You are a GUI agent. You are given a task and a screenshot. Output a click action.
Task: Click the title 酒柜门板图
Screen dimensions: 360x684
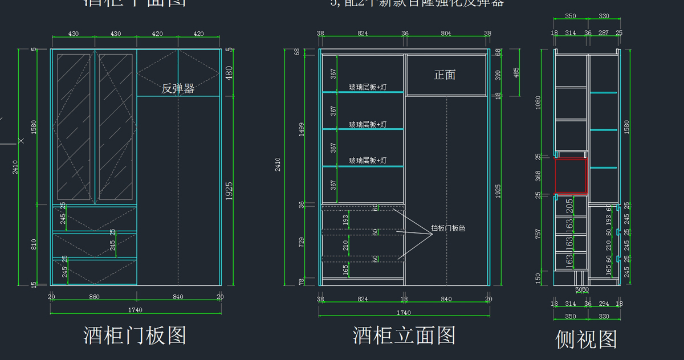point(135,336)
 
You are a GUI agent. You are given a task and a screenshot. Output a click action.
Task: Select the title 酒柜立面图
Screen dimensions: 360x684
point(404,336)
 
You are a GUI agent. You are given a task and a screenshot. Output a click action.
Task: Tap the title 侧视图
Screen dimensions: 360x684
point(587,339)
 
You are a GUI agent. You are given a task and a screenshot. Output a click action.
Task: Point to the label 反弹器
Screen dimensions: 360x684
point(178,88)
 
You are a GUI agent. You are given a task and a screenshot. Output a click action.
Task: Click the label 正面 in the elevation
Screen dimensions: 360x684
point(445,75)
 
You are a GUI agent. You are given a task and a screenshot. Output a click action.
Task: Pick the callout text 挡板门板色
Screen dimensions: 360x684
point(448,228)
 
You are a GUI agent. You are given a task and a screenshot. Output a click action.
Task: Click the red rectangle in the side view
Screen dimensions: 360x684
point(571,175)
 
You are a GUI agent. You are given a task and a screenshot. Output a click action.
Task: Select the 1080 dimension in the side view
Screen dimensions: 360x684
point(539,103)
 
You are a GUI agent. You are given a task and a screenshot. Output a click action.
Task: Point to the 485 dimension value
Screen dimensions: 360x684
point(516,72)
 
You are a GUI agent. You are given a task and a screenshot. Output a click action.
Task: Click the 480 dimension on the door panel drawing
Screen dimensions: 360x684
point(229,72)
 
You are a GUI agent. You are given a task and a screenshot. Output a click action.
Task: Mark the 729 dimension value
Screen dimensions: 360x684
point(302,242)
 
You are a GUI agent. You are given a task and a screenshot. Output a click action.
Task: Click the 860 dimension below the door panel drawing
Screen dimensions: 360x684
point(94,297)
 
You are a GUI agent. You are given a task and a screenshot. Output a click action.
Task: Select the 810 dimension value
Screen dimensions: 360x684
point(34,244)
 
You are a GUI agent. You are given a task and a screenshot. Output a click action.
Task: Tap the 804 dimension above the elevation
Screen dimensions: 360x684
point(446,34)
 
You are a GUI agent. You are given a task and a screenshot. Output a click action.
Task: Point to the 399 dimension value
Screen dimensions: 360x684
point(498,75)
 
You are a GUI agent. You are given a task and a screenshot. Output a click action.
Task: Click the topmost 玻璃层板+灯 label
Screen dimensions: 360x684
point(368,88)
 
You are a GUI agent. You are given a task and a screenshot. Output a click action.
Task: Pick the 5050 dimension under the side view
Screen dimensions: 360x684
point(581,290)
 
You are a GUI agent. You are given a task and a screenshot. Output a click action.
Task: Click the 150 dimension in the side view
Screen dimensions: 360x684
point(539,277)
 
